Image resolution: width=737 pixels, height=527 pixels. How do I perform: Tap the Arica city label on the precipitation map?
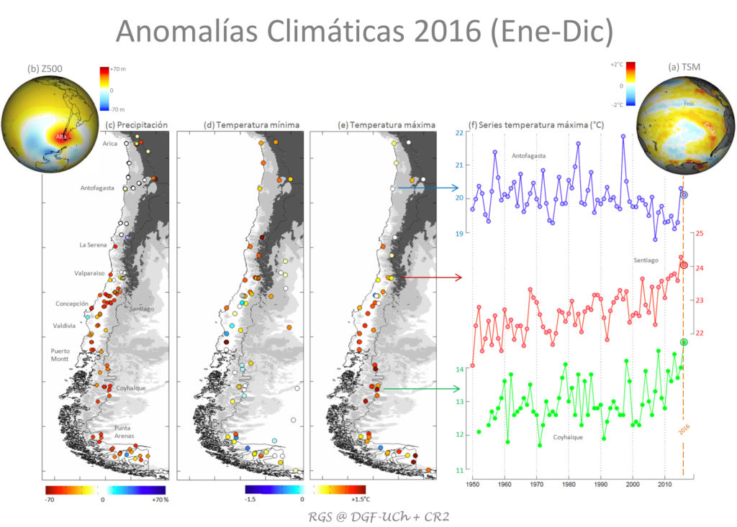(110, 144)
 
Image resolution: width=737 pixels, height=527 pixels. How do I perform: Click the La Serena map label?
(93, 245)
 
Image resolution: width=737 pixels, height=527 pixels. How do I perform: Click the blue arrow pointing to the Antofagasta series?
(428, 189)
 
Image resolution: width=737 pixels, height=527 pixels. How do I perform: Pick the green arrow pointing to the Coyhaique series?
(422, 389)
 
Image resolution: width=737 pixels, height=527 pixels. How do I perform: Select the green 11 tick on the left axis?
(460, 470)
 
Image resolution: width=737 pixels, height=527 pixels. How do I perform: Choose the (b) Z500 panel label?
(42, 69)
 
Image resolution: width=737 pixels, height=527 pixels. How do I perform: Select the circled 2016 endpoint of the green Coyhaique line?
(684, 342)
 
